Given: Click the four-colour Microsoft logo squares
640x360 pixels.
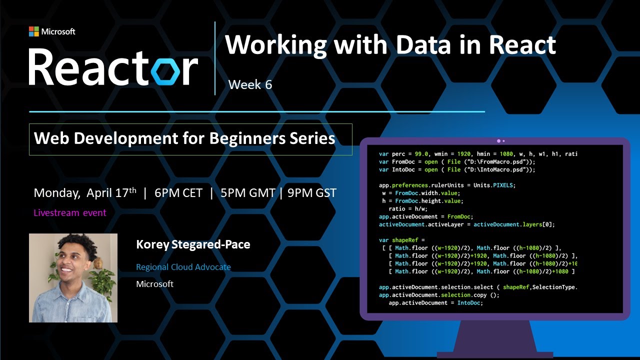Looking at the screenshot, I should click(33, 31).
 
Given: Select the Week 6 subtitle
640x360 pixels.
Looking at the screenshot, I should click(250, 84).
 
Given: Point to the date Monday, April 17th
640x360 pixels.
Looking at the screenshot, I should click(84, 193).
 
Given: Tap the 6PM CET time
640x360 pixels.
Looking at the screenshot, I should click(178, 193).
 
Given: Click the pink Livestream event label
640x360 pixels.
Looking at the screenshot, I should click(70, 213).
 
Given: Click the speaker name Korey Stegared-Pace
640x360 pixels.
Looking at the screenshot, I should click(193, 244).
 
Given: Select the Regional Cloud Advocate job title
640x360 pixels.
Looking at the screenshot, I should click(183, 267).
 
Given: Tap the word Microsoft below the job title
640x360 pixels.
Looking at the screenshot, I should click(155, 284).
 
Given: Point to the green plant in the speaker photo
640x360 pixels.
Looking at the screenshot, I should click(105, 280).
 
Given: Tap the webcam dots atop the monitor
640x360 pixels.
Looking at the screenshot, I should click(500, 141).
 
